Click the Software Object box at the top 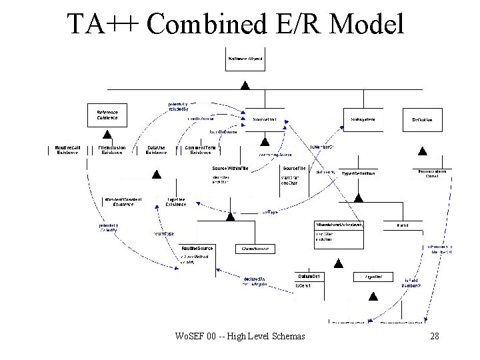click(245, 59)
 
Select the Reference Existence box click(107, 115)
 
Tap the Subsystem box click(363, 120)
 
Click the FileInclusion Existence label click(112, 150)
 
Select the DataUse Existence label click(156, 150)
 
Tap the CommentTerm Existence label click(200, 150)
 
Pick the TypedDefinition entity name click(358, 173)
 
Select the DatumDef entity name click(307, 276)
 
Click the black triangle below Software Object click(245, 85)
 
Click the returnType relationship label click(164, 235)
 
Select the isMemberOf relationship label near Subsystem click(322, 147)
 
